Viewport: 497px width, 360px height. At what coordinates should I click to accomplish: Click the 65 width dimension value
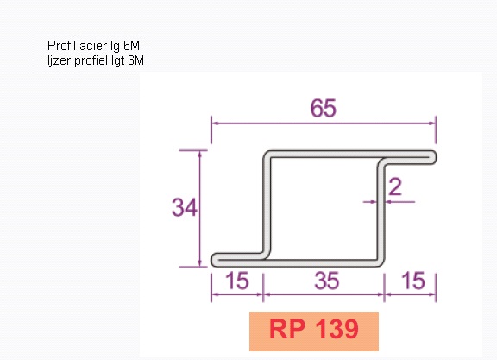(324, 108)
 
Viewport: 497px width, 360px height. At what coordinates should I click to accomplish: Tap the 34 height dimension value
(185, 207)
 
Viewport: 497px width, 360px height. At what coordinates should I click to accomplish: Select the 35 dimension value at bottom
(327, 281)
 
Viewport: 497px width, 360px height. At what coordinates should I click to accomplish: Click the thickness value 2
(395, 186)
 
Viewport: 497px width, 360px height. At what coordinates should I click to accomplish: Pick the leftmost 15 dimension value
(237, 281)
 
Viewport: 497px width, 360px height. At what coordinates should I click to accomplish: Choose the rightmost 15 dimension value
(413, 281)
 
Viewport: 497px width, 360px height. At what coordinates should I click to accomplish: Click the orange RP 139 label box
(314, 332)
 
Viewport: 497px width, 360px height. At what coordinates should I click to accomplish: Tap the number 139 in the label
(337, 329)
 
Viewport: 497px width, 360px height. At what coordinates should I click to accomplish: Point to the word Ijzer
(60, 60)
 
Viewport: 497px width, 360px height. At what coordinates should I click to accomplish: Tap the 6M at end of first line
(131, 46)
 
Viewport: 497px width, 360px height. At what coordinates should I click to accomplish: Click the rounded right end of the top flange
(432, 158)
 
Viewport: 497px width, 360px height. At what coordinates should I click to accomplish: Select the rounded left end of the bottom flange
(216, 260)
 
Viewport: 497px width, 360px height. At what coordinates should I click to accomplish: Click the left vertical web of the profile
(267, 205)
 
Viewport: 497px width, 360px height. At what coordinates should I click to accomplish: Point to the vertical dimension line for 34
(199, 209)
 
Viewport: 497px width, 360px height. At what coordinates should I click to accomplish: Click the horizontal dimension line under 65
(324, 123)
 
